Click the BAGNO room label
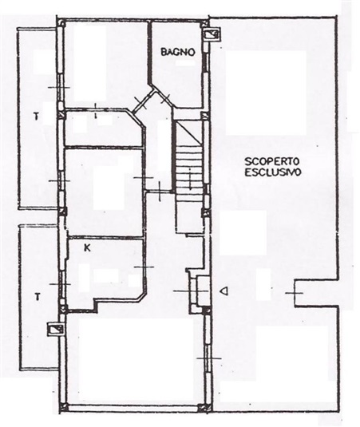[x=178, y=52]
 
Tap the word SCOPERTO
[x=272, y=161]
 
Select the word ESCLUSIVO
[x=273, y=172]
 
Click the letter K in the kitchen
[x=87, y=248]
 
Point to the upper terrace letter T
[x=36, y=117]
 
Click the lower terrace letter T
[x=38, y=296]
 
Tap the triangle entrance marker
[x=224, y=291]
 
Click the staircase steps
[x=189, y=169]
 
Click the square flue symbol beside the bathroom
[x=212, y=34]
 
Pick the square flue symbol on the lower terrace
[x=56, y=329]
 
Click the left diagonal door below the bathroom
[x=141, y=103]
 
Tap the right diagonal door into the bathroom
[x=164, y=100]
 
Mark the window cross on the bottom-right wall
[x=208, y=358]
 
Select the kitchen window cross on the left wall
[x=60, y=284]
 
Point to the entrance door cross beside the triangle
[x=191, y=291]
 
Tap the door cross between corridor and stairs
[x=160, y=192]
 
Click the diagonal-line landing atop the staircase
[x=189, y=132]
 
